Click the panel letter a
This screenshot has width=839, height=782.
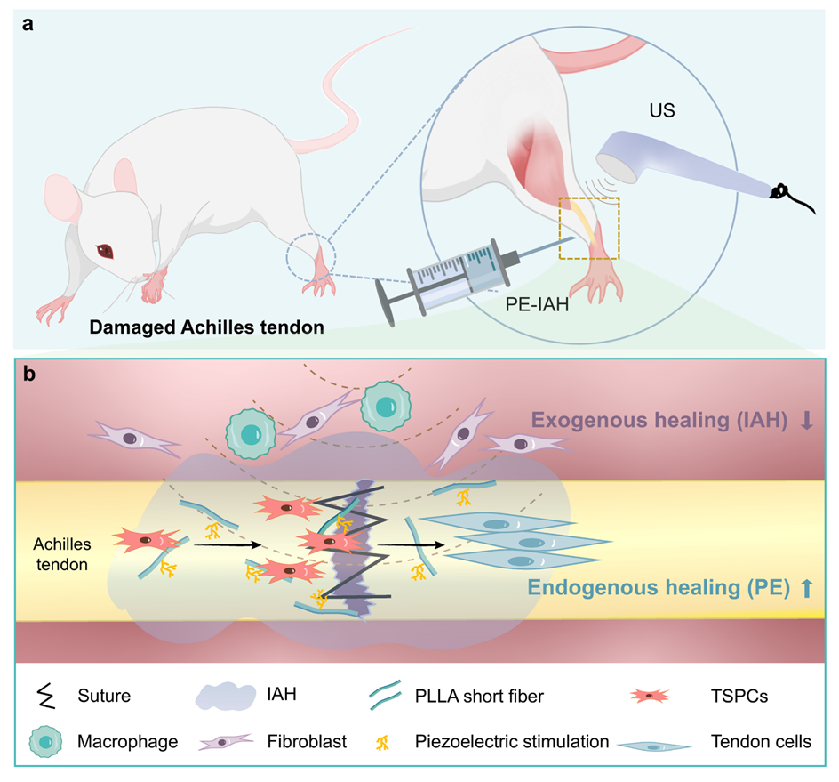(x=28, y=25)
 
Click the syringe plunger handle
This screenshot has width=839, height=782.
(x=385, y=297)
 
